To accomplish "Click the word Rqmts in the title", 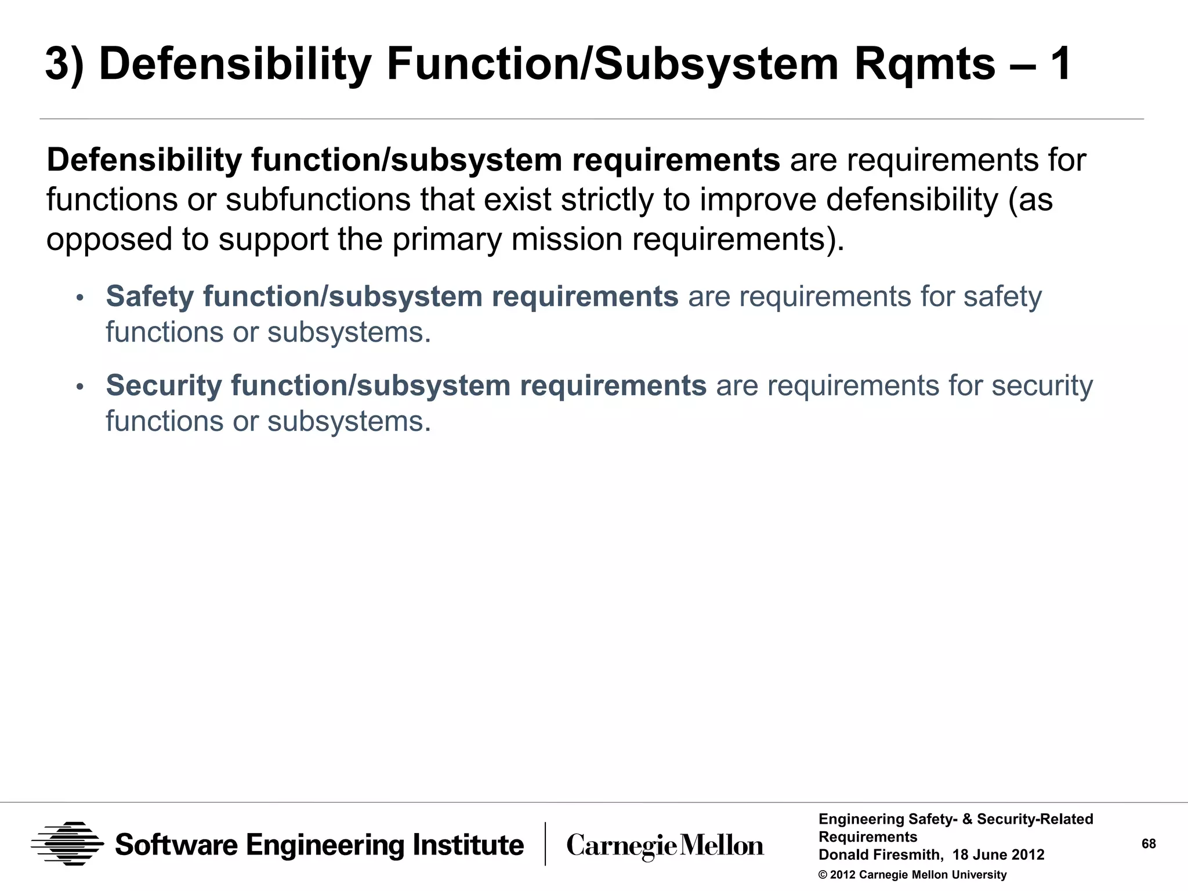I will (x=924, y=65).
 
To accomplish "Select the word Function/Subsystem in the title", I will (x=613, y=65).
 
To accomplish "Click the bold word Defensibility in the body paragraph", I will (x=144, y=161).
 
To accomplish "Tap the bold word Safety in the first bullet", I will (x=150, y=297).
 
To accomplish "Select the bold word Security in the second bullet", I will (x=164, y=386).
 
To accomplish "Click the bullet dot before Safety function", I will (x=80, y=298).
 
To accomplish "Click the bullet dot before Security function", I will (x=80, y=387).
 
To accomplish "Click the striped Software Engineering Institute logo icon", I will (x=67, y=844).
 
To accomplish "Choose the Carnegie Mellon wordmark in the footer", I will (x=665, y=846).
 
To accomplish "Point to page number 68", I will (x=1149, y=844).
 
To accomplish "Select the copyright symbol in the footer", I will (x=823, y=875).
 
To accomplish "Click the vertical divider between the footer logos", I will (x=545, y=844).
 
